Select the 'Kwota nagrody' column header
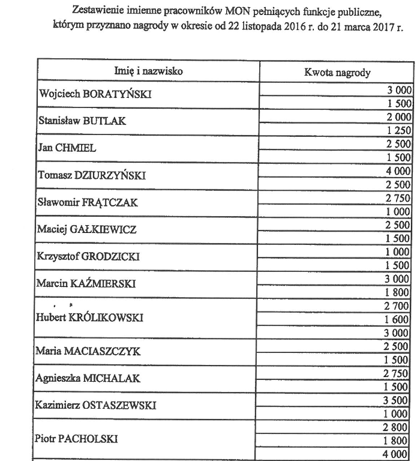point(338,73)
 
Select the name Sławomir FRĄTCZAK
point(88,203)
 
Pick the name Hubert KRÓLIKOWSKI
point(91,318)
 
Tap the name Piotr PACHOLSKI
point(77,439)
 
